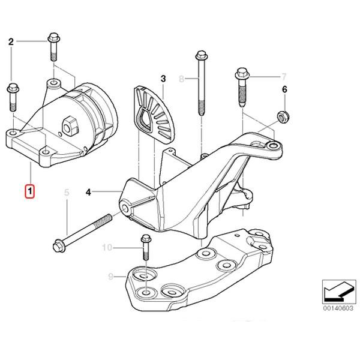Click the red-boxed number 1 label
[29, 192]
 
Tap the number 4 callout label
[88, 193]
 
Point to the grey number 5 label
[67, 193]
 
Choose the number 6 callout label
[285, 90]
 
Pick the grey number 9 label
[110, 277]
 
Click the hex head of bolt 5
[59, 245]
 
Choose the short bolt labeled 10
[145, 247]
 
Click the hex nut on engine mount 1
[67, 125]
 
